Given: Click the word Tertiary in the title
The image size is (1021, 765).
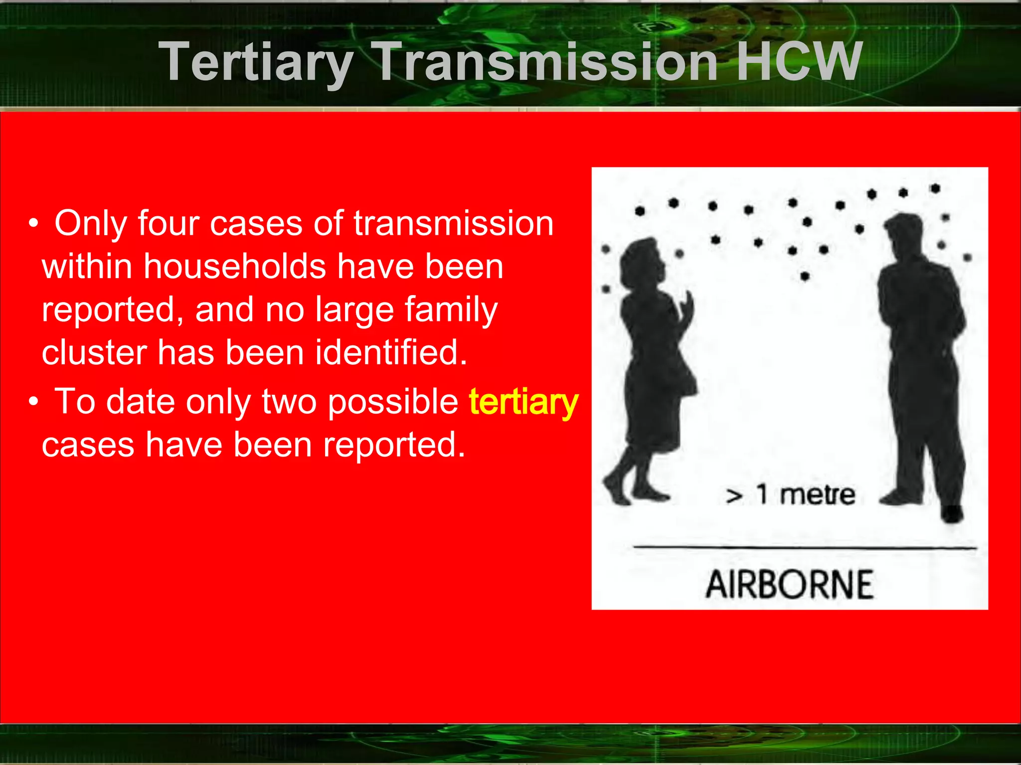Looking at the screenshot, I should [256, 63].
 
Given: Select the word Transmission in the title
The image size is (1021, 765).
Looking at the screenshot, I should [547, 62].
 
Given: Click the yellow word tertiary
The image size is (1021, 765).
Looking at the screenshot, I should [523, 402].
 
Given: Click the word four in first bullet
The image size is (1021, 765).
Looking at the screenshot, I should [169, 223].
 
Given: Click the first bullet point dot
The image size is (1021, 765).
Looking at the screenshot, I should [33, 224].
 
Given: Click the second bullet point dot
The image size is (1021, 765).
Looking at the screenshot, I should [33, 402].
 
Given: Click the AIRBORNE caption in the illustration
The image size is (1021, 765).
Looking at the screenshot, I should [789, 585].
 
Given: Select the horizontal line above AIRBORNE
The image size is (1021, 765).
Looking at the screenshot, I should [804, 547].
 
